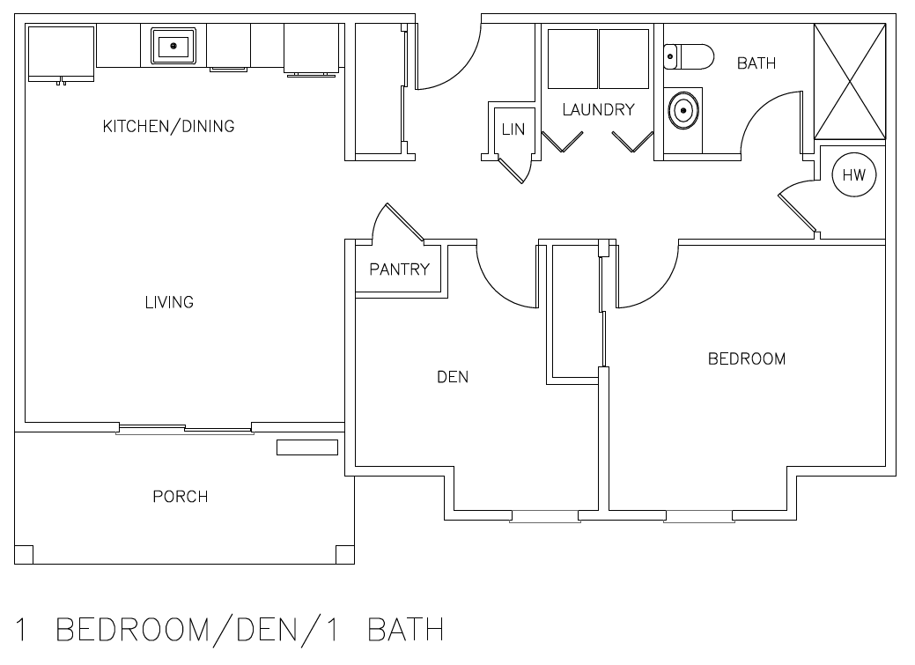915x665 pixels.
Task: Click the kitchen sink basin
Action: pyautogui.click(x=173, y=46)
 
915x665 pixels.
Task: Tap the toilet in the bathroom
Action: pyautogui.click(x=689, y=56)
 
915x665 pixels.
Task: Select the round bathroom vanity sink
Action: pyautogui.click(x=683, y=110)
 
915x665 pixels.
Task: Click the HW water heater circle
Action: pyautogui.click(x=853, y=174)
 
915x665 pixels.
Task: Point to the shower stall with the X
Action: pyautogui.click(x=850, y=81)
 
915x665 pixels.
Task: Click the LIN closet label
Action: pyautogui.click(x=513, y=129)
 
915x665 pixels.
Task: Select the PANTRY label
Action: pyautogui.click(x=400, y=270)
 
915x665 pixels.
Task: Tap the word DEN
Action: pyautogui.click(x=453, y=377)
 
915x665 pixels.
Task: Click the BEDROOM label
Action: pyautogui.click(x=747, y=358)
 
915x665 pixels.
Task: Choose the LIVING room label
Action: pyautogui.click(x=169, y=302)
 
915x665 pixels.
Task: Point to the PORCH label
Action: pyautogui.click(x=181, y=497)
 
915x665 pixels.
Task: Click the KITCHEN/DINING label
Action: pyautogui.click(x=168, y=126)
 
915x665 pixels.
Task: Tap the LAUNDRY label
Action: pyautogui.click(x=598, y=110)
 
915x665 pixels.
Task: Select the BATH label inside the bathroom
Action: pyautogui.click(x=756, y=63)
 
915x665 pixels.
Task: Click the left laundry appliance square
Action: pyautogui.click(x=573, y=59)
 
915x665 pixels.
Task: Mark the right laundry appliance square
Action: pyautogui.click(x=624, y=59)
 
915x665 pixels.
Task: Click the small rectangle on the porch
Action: pyautogui.click(x=307, y=447)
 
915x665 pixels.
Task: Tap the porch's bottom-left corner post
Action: pyautogui.click(x=24, y=555)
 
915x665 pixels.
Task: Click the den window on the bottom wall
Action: pyautogui.click(x=545, y=516)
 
